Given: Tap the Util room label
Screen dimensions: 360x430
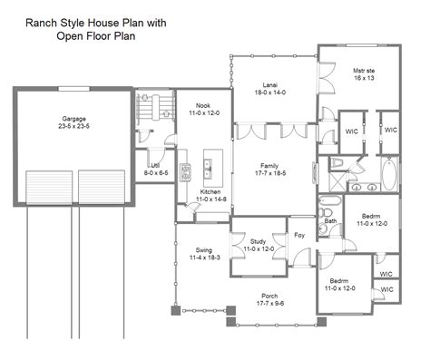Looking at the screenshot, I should point(156,164).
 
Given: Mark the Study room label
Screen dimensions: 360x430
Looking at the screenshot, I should point(258,241).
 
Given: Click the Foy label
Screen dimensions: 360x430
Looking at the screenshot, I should point(300,235).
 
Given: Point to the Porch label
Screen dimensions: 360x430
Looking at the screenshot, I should point(269,296).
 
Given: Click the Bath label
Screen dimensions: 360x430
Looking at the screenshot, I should point(330,220).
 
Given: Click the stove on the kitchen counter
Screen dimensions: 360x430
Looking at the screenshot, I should point(185,171).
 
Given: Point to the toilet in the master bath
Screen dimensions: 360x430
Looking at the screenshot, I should point(337,163).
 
